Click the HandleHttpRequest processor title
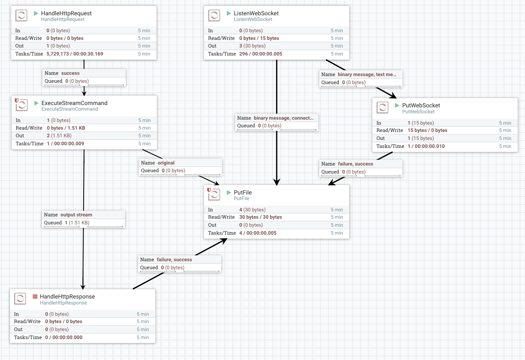(66, 13)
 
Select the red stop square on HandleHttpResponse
(35, 296)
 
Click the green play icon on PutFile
(229, 192)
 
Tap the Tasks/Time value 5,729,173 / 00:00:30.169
(75, 54)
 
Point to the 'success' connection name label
(70, 73)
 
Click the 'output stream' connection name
(76, 215)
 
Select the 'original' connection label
(166, 163)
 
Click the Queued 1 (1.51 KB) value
(77, 223)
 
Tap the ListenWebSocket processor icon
(214, 15)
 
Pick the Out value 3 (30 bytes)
(252, 46)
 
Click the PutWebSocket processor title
(421, 105)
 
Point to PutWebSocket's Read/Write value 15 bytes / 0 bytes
(427, 130)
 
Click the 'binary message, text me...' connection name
(367, 74)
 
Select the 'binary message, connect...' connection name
(283, 118)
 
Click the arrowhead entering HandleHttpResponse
(83, 287)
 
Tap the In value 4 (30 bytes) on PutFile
(252, 210)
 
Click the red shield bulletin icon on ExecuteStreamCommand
(17, 100)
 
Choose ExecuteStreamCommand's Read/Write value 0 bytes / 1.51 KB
(66, 128)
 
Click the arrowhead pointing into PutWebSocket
(394, 96)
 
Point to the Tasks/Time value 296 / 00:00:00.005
(261, 54)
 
